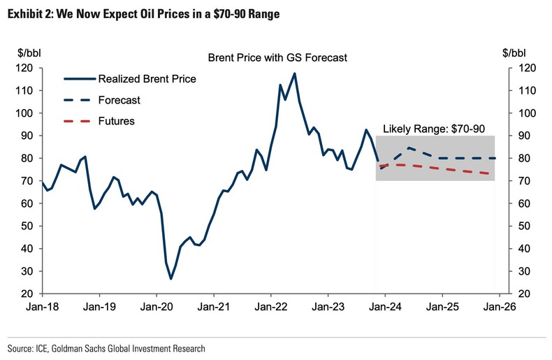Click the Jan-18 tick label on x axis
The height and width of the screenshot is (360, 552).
43,305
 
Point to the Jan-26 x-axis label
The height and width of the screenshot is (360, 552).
497,305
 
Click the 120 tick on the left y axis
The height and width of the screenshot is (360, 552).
27,68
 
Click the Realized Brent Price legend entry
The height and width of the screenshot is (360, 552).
147,79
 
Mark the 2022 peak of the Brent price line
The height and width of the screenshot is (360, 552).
294,73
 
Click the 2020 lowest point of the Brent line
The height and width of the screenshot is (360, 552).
170,279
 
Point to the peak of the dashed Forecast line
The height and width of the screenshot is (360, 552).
408,148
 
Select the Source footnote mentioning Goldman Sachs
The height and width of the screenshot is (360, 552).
106,347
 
